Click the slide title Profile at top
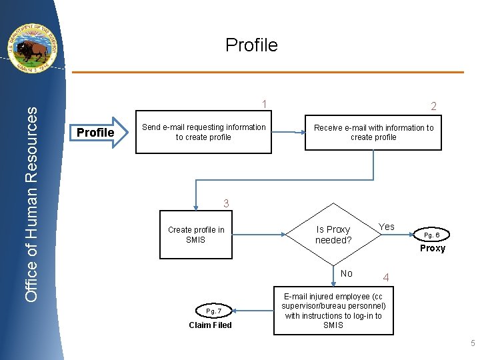pyautogui.click(x=251, y=45)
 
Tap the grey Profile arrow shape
pyautogui.click(x=99, y=132)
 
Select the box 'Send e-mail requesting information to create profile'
pyautogui.click(x=203, y=132)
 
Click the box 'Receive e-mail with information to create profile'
pyautogui.click(x=373, y=132)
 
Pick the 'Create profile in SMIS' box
pyautogui.click(x=196, y=235)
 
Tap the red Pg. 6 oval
pyautogui.click(x=432, y=235)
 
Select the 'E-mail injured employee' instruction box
pyautogui.click(x=333, y=311)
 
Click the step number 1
pyautogui.click(x=265, y=104)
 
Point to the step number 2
pyautogui.click(x=433, y=107)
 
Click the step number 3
pyautogui.click(x=226, y=203)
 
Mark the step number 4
pyautogui.click(x=385, y=277)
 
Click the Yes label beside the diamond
pyautogui.click(x=387, y=227)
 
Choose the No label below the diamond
pyautogui.click(x=346, y=273)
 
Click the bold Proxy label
pyautogui.click(x=432, y=248)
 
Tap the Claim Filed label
pyautogui.click(x=210, y=325)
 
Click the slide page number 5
pyautogui.click(x=472, y=344)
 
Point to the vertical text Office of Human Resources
pyautogui.click(x=32, y=203)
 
